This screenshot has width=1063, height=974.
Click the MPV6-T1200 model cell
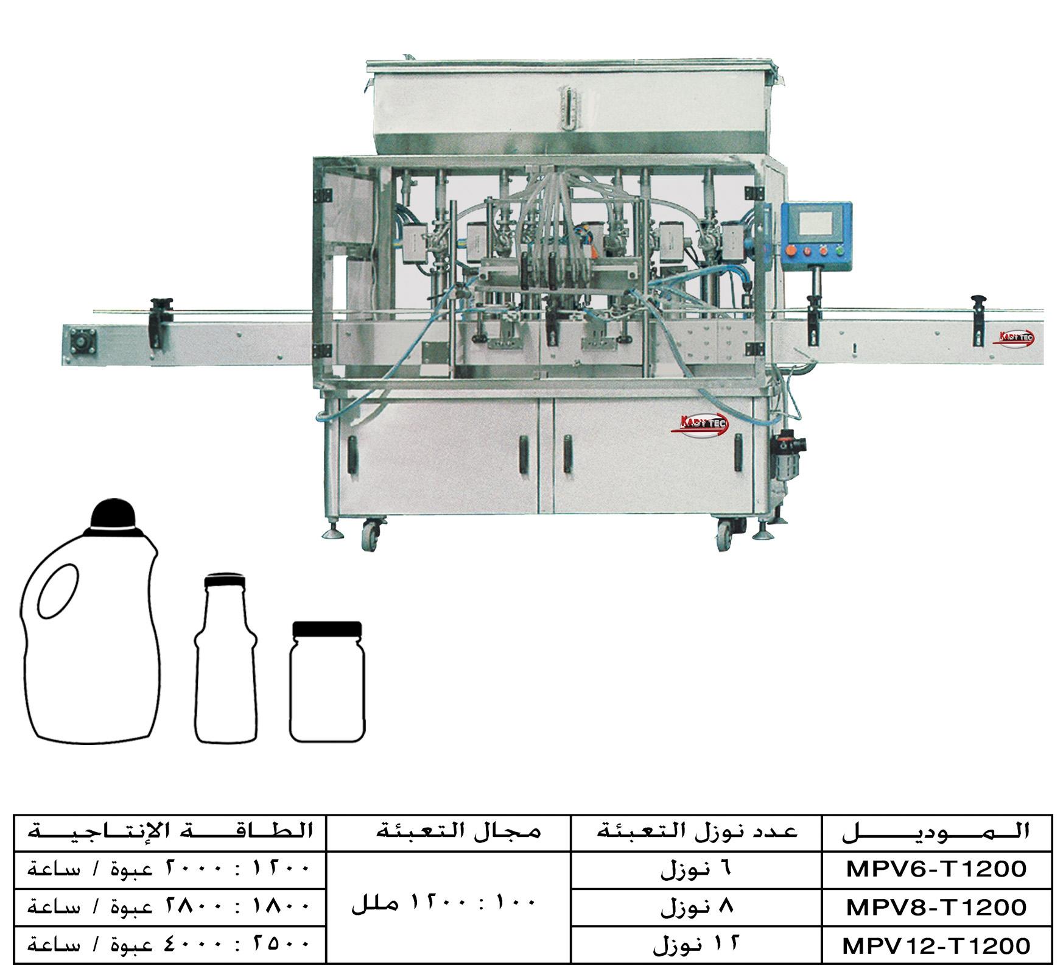[936, 869]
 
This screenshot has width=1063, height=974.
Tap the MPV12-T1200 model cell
[936, 945]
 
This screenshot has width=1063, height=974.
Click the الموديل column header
[936, 832]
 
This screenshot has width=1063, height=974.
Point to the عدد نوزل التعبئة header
[696, 832]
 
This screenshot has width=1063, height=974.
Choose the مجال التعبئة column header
[449, 832]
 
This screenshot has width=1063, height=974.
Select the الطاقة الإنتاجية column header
[170, 832]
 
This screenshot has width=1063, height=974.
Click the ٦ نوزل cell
[696, 869]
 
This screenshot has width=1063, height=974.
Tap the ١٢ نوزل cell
[696, 945]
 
